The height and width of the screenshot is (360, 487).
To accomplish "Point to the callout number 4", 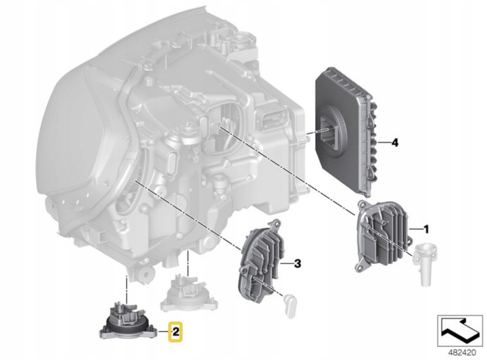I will (x=395, y=143).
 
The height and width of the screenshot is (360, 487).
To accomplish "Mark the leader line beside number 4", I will (x=384, y=143).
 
